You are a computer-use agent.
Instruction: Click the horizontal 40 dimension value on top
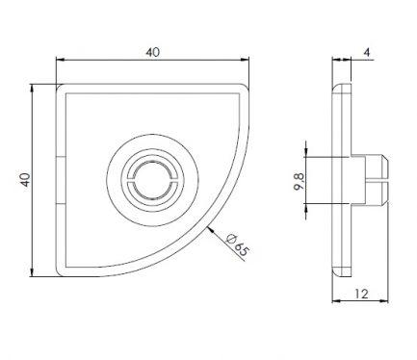tap(152, 52)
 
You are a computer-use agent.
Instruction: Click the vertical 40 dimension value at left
tap(25, 180)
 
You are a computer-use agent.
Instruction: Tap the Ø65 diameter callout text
tap(238, 244)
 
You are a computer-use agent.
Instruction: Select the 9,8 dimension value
tap(300, 182)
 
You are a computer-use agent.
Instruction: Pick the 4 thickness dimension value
tap(368, 52)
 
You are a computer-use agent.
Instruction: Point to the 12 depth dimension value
tap(362, 294)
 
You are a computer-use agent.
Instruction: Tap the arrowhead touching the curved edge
tap(211, 230)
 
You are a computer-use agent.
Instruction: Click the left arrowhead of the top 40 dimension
tap(60, 60)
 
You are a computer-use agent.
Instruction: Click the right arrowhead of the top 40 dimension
tap(245, 60)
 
